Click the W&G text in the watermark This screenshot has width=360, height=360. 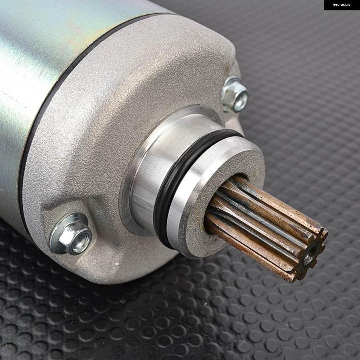pyautogui.click(x=345, y=5)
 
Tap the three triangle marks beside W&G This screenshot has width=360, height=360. pyautogui.click(x=336, y=5)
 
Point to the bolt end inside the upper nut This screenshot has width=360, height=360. pyautogui.click(x=241, y=101)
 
